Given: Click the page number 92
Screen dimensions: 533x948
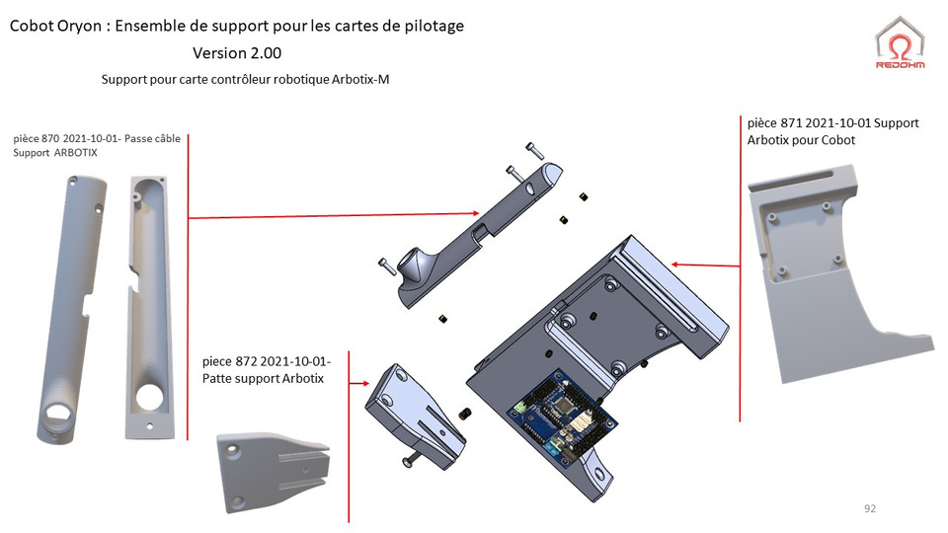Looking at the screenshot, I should tap(869, 509).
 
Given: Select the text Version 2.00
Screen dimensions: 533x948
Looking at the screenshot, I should tap(237, 53).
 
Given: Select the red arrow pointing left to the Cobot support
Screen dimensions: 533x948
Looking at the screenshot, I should tap(706, 265).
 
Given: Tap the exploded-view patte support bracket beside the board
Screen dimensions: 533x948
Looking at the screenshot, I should tap(415, 410).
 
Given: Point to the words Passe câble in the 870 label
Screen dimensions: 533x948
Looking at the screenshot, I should tap(153, 139).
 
